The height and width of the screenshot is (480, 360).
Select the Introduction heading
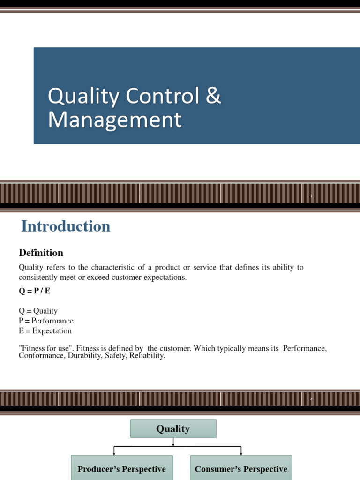point(66,226)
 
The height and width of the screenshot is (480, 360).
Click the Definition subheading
point(41,253)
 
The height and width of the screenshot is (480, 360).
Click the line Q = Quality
point(38,311)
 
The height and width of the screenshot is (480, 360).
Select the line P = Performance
point(46,321)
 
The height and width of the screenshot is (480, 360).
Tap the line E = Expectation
point(45,330)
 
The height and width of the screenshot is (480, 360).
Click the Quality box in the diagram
point(173,428)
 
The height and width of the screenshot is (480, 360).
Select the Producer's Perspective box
point(121,469)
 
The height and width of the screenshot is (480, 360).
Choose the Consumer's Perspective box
point(241,469)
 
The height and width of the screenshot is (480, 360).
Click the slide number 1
point(311,196)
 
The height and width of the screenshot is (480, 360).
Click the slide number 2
point(311,399)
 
